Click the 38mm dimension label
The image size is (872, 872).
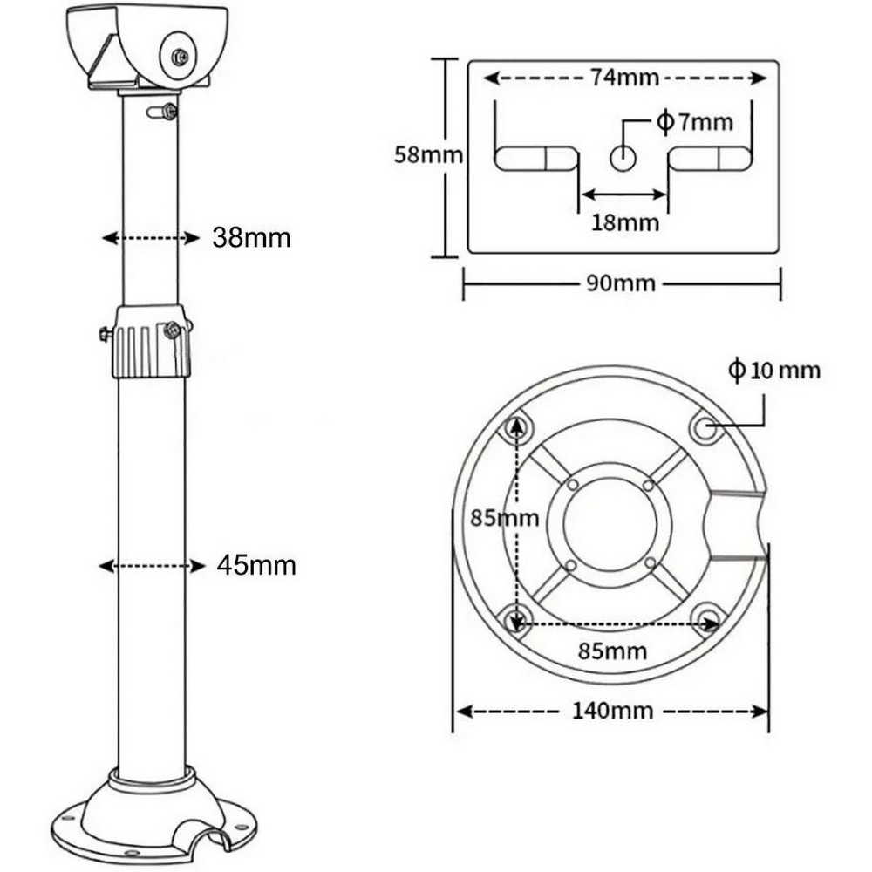click(251, 238)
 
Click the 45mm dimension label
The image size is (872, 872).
click(255, 566)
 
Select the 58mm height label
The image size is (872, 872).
click(428, 154)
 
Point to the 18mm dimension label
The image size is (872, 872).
click(624, 222)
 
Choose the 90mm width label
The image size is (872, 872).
click(621, 283)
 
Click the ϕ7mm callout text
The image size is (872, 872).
click(695, 122)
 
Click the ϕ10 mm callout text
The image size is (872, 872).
click(774, 370)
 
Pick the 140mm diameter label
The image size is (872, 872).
click(612, 711)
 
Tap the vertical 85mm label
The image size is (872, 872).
click(504, 518)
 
